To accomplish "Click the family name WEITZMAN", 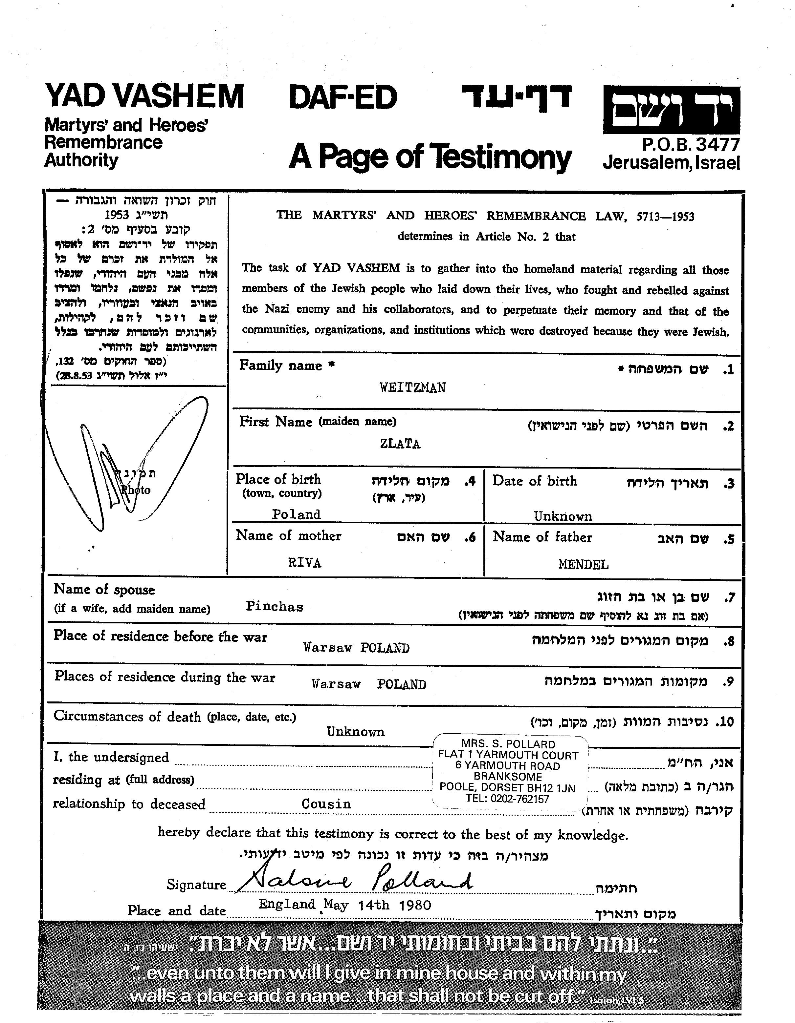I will pyautogui.click(x=412, y=388).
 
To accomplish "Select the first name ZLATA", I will pyautogui.click(x=400, y=444).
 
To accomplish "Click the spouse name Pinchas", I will pyautogui.click(x=274, y=607).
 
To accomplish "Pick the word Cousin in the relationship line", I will pyautogui.click(x=326, y=804).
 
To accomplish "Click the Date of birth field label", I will pyautogui.click(x=534, y=481).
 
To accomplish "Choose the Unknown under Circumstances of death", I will pyautogui.click(x=355, y=732).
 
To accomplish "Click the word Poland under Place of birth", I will pyautogui.click(x=296, y=514).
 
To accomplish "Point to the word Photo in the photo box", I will pyautogui.click(x=136, y=491).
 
